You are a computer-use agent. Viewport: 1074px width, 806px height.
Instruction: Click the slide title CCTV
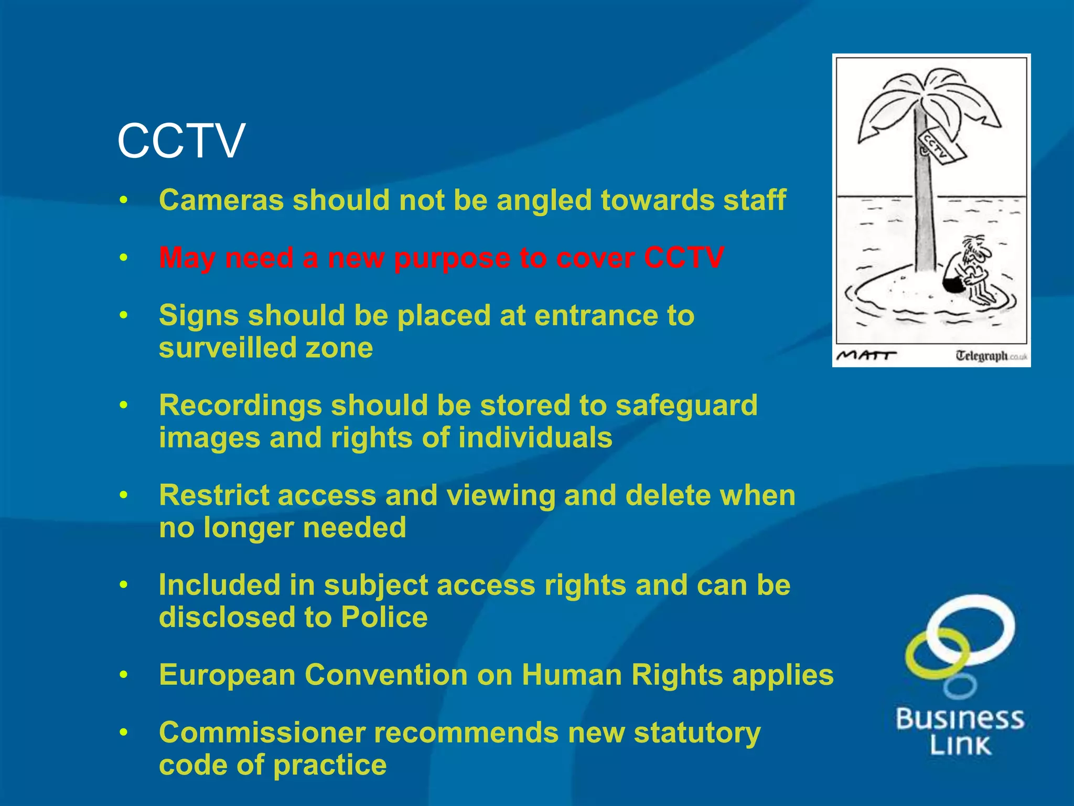pyautogui.click(x=181, y=141)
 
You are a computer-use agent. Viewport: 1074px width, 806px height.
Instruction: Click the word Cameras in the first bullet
pyautogui.click(x=221, y=200)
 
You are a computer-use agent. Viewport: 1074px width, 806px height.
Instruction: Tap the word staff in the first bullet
pyautogui.click(x=755, y=200)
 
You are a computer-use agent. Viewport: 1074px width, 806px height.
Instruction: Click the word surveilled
pyautogui.click(x=221, y=348)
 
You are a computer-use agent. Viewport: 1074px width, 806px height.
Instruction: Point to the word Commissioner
pyautogui.click(x=262, y=733)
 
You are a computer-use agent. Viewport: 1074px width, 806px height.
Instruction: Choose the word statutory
pyautogui.click(x=697, y=733)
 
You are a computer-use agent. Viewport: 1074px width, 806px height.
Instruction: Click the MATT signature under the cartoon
pyautogui.click(x=865, y=355)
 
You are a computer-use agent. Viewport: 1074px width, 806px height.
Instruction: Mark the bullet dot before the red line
pyautogui.click(x=123, y=258)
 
